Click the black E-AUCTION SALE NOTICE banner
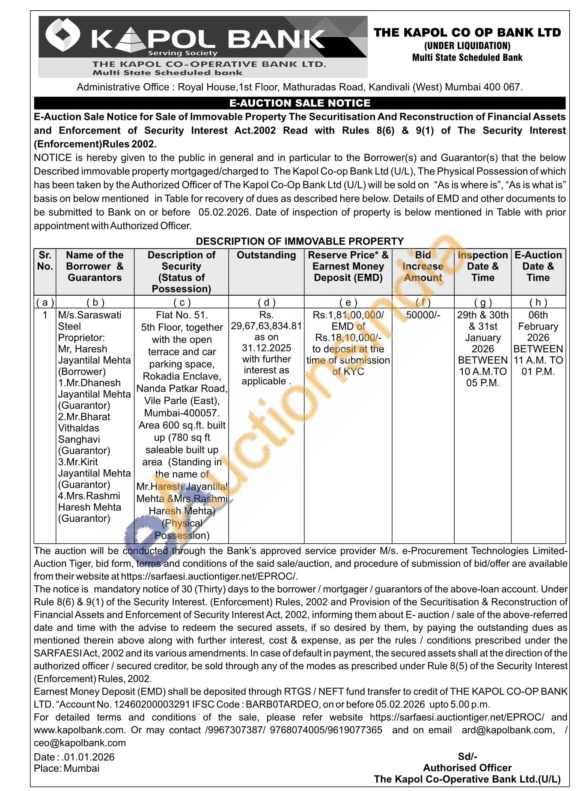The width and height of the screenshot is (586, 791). (x=300, y=103)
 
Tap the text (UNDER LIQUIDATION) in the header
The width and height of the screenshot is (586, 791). (x=467, y=45)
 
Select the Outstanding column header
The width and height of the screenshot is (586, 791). (x=266, y=255)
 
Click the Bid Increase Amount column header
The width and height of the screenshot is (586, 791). (x=423, y=266)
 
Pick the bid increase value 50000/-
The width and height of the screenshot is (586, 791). (x=423, y=315)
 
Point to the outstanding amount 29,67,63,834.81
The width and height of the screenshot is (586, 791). (x=266, y=326)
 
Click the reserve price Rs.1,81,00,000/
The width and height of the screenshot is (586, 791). (x=348, y=315)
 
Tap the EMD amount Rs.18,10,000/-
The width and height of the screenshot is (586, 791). (x=348, y=338)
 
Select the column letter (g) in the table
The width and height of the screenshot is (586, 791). (x=483, y=303)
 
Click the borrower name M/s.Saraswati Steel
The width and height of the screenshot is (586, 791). (x=89, y=321)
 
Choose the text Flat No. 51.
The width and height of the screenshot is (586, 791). (x=182, y=315)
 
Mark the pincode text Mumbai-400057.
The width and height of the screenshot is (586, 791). (x=182, y=413)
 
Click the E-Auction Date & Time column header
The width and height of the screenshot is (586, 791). (x=538, y=266)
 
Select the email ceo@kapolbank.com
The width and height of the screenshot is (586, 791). (x=80, y=743)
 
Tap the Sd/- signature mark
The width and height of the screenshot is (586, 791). (x=467, y=757)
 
